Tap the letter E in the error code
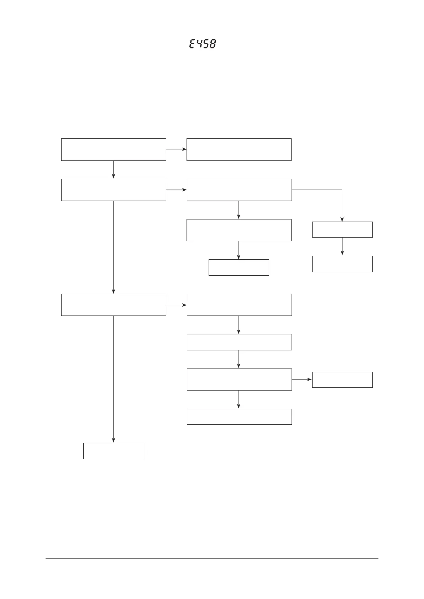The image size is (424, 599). click(x=192, y=44)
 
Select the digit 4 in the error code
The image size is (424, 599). click(x=199, y=44)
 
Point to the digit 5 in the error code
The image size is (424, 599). click(x=205, y=44)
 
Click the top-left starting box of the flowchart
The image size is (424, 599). click(x=114, y=149)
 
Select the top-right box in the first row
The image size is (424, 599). click(x=239, y=149)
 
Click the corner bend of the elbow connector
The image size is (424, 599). click(x=342, y=190)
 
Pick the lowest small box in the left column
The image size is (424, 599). click(x=114, y=451)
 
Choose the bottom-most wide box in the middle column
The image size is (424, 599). click(x=239, y=417)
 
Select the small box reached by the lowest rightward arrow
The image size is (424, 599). click(x=342, y=380)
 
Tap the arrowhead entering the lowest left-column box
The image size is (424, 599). click(x=114, y=440)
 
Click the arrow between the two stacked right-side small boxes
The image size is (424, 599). click(x=342, y=247)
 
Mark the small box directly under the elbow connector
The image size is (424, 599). click(x=342, y=229)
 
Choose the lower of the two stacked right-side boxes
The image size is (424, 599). click(x=342, y=264)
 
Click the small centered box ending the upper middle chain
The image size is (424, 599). click(x=239, y=267)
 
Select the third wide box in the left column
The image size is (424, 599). click(x=114, y=304)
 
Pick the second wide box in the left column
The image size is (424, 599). click(x=114, y=190)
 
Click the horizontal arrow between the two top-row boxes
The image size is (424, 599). click(x=176, y=149)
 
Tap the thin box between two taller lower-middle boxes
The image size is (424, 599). click(x=239, y=342)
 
